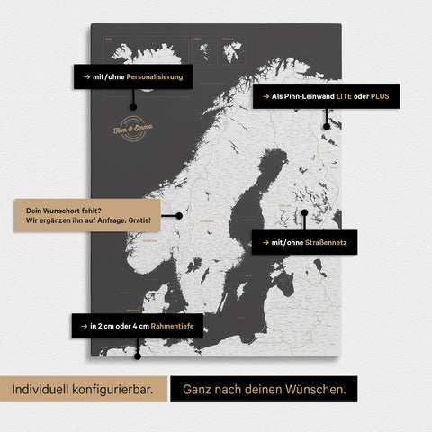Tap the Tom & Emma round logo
click(132, 127)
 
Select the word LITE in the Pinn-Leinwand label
click(346, 95)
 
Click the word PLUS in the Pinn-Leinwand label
click(380, 95)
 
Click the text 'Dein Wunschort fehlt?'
click(57, 208)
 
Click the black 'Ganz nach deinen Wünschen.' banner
click(264, 389)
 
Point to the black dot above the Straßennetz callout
click(305, 214)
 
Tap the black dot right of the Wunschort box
click(180, 215)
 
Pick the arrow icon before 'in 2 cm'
click(83, 325)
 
